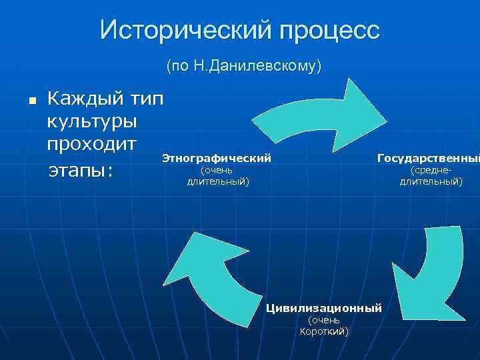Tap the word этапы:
(x=81, y=171)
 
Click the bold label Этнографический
(x=217, y=159)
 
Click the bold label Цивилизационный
(x=324, y=308)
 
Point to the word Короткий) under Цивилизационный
(x=324, y=332)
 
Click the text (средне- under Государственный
(x=431, y=171)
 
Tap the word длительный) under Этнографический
(x=217, y=181)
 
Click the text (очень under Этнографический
(x=217, y=171)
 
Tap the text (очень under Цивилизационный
(x=324, y=321)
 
